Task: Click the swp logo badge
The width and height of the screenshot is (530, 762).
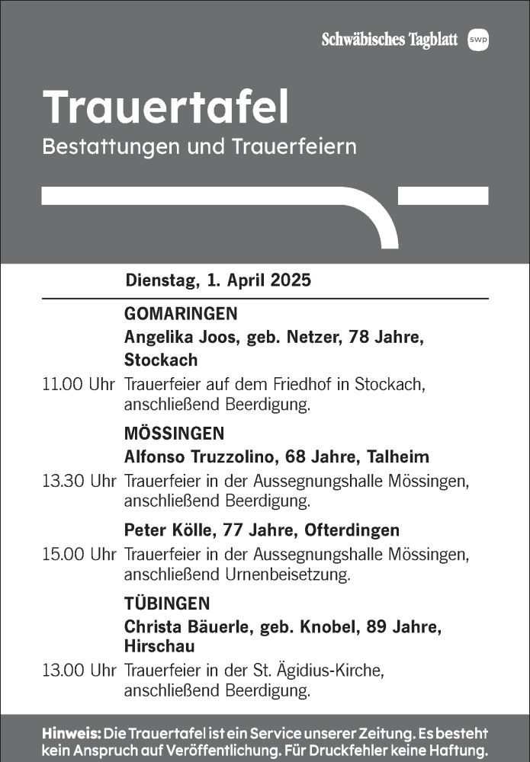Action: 478,40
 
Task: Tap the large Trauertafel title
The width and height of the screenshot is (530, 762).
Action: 166,107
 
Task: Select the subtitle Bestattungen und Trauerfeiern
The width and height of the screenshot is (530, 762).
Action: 200,146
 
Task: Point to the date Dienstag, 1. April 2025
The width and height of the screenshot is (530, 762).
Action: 218,280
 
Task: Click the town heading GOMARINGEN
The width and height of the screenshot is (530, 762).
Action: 181,314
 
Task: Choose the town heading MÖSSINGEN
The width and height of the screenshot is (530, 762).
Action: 174,434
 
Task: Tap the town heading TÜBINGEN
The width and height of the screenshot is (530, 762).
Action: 166,604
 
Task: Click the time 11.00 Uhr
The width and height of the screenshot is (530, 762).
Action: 78,386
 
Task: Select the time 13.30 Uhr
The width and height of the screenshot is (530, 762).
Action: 78,482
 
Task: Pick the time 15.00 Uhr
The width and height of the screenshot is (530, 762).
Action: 78,554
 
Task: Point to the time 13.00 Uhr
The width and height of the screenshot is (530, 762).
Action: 78,672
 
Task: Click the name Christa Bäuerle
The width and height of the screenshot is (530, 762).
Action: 181,627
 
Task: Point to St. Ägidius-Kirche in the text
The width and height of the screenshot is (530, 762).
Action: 329,672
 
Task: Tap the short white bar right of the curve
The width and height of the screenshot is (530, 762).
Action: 443,196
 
